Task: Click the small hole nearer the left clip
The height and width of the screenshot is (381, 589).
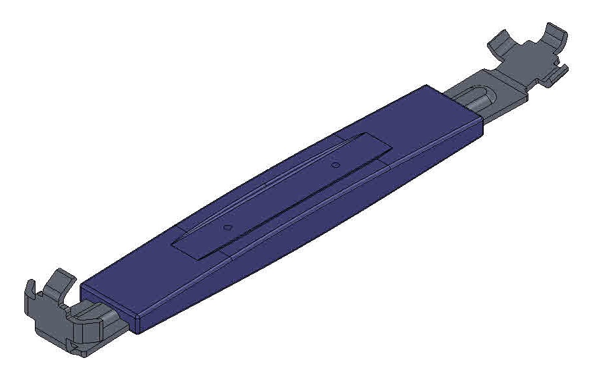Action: pos(228,227)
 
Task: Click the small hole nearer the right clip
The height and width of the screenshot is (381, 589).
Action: pos(335,165)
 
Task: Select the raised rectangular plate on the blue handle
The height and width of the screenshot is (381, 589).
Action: pos(276,197)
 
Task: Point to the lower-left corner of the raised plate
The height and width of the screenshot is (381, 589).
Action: pos(172,242)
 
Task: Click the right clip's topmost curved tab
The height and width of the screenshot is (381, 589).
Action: pos(553,33)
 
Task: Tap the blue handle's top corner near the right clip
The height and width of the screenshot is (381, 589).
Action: pos(428,85)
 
